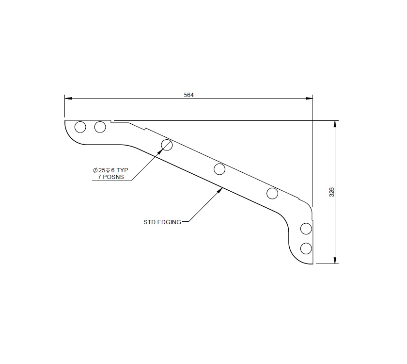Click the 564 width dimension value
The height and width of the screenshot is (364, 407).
(x=189, y=95)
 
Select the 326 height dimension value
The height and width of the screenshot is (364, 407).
(x=332, y=192)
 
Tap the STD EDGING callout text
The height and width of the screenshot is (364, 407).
(x=162, y=222)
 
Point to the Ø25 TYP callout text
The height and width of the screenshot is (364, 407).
(x=110, y=170)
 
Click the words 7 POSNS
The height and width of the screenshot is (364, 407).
(x=110, y=177)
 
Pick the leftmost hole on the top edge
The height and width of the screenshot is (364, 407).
(x=80, y=127)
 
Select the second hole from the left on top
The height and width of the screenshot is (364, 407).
(x=100, y=127)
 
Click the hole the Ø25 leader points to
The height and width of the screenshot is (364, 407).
(x=167, y=145)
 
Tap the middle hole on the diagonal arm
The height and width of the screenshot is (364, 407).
(x=219, y=169)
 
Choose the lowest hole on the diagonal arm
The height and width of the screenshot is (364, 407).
(x=272, y=194)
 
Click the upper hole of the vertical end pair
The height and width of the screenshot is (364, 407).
(x=306, y=228)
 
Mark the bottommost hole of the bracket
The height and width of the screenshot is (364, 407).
(x=306, y=248)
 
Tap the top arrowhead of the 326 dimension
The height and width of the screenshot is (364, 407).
(x=335, y=124)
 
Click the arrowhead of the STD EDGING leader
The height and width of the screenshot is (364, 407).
(x=220, y=190)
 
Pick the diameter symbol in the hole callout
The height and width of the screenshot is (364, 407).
(x=95, y=170)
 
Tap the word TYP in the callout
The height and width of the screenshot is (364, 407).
(x=122, y=170)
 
